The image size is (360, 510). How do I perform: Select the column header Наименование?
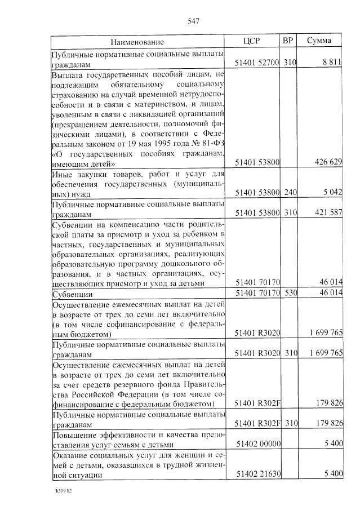[x=137, y=42]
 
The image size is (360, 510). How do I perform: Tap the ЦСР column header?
[x=251, y=41]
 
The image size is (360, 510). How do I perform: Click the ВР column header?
[x=288, y=41]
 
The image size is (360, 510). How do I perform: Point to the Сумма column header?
[x=319, y=41]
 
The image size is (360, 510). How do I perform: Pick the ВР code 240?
[x=290, y=193]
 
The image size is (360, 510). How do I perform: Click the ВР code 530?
[x=290, y=294]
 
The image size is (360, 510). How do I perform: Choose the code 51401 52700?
[x=257, y=62]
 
